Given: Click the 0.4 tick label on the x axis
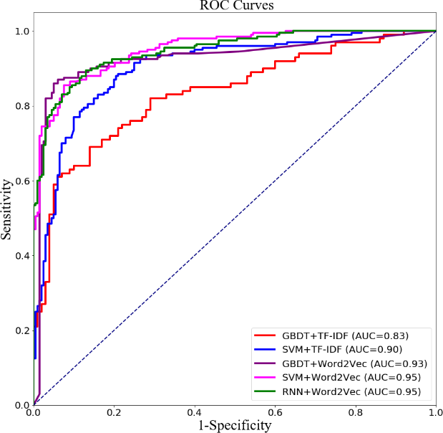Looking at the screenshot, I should pyautogui.click(x=195, y=414).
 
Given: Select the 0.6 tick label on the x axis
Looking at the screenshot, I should pyautogui.click(x=276, y=414).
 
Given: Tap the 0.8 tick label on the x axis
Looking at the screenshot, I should pyautogui.click(x=356, y=414).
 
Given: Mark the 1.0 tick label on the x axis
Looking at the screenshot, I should pyautogui.click(x=435, y=414).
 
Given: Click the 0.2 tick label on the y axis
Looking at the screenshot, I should pyautogui.click(x=21, y=330).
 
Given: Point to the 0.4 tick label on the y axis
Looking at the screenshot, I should pyautogui.click(x=21, y=256).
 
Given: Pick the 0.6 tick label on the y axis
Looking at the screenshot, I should pyautogui.click(x=21, y=181).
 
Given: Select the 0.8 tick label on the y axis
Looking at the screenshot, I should pyautogui.click(x=21, y=106).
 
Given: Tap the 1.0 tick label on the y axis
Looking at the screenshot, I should pyautogui.click(x=21, y=32).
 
